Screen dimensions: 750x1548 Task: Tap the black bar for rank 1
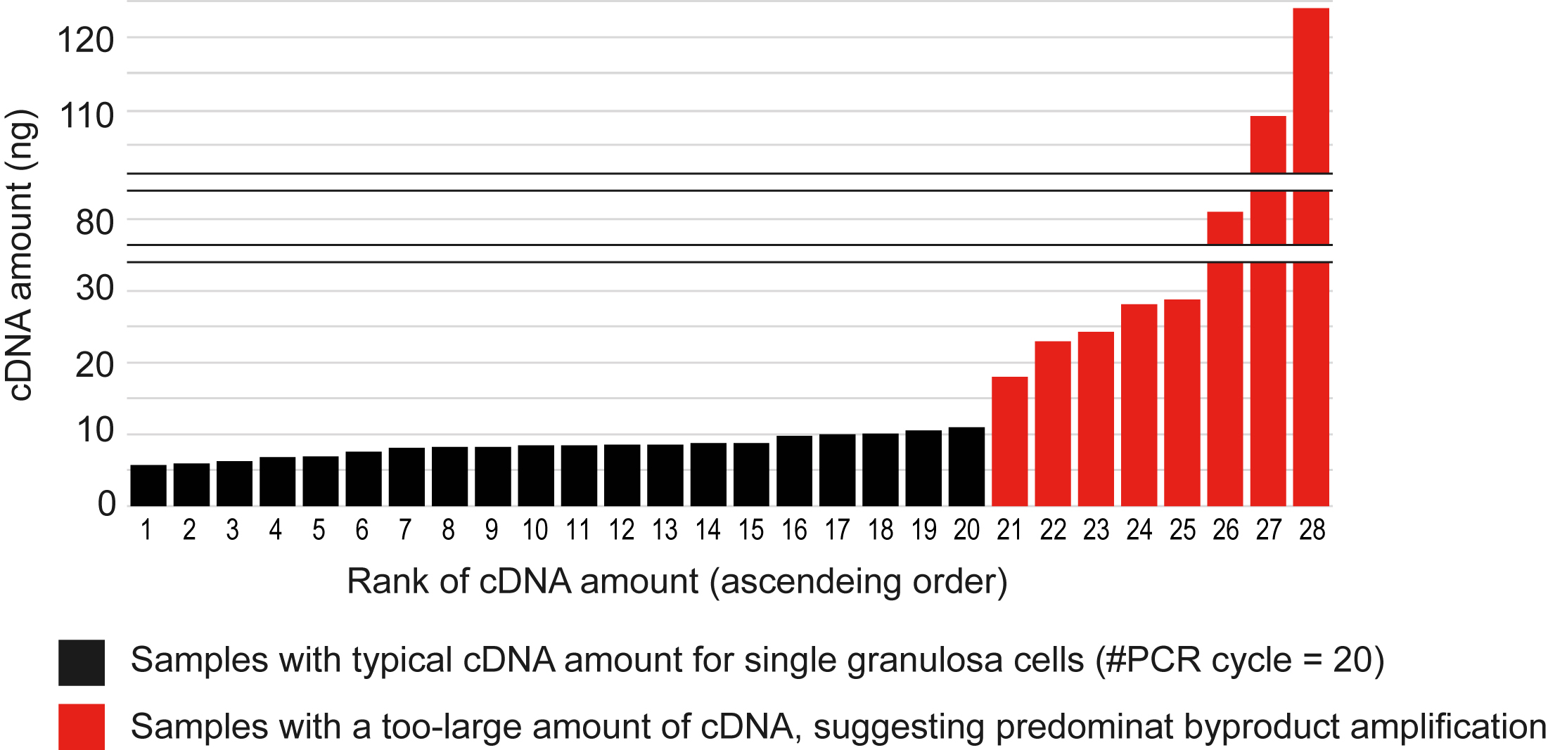click(148, 486)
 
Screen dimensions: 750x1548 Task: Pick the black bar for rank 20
click(966, 467)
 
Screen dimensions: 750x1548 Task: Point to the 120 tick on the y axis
click(85, 40)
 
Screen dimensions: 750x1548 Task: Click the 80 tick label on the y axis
click(94, 223)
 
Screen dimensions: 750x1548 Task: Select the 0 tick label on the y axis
click(106, 503)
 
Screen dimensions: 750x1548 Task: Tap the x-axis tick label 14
click(708, 530)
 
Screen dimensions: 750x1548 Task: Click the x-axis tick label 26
click(1225, 530)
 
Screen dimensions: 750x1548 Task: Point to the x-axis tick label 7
click(405, 530)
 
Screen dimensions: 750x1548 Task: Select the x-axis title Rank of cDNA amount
click(677, 582)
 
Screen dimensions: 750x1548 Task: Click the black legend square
click(82, 662)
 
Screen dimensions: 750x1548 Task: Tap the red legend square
click(82, 726)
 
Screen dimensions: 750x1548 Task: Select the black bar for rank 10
click(535, 476)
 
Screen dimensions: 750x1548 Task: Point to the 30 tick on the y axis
click(94, 288)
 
